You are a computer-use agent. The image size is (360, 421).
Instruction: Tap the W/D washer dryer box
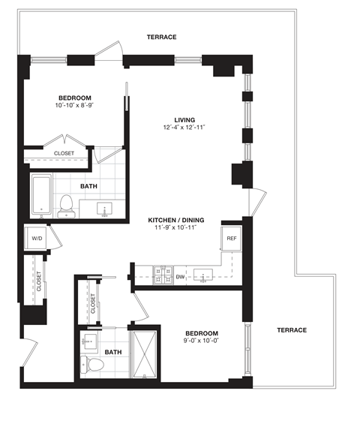coord(35,239)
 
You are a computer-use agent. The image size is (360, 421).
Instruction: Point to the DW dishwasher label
coord(180,276)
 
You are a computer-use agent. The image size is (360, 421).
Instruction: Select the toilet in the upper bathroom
coord(67,205)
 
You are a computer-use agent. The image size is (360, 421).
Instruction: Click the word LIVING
coord(184,119)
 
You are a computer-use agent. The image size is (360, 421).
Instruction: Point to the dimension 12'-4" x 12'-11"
coord(184,128)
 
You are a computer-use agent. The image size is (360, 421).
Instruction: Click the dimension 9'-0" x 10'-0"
coord(202,341)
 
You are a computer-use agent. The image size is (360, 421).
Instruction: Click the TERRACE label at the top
coord(161,37)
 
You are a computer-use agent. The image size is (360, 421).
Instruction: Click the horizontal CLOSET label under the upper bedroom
coord(64,154)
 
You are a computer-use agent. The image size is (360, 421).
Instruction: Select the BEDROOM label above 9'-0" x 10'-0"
coord(202,332)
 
